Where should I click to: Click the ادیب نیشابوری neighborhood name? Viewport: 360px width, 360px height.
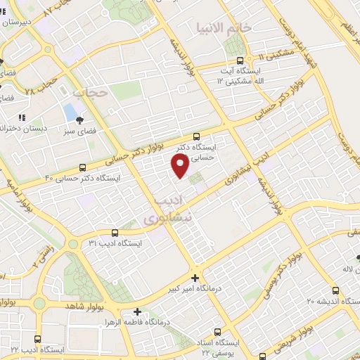(167, 212)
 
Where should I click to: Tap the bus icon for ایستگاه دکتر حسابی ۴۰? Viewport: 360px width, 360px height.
(84, 167)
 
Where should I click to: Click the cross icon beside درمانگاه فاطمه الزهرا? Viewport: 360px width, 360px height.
(138, 311)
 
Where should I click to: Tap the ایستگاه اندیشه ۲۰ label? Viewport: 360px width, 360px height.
(335, 301)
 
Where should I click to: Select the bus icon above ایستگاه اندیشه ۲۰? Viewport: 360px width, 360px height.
(335, 290)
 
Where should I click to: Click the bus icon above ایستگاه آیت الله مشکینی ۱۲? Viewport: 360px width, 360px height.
(241, 60)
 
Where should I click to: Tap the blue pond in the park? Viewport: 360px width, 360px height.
(70, 111)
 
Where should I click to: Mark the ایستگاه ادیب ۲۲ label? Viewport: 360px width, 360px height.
(39, 349)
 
